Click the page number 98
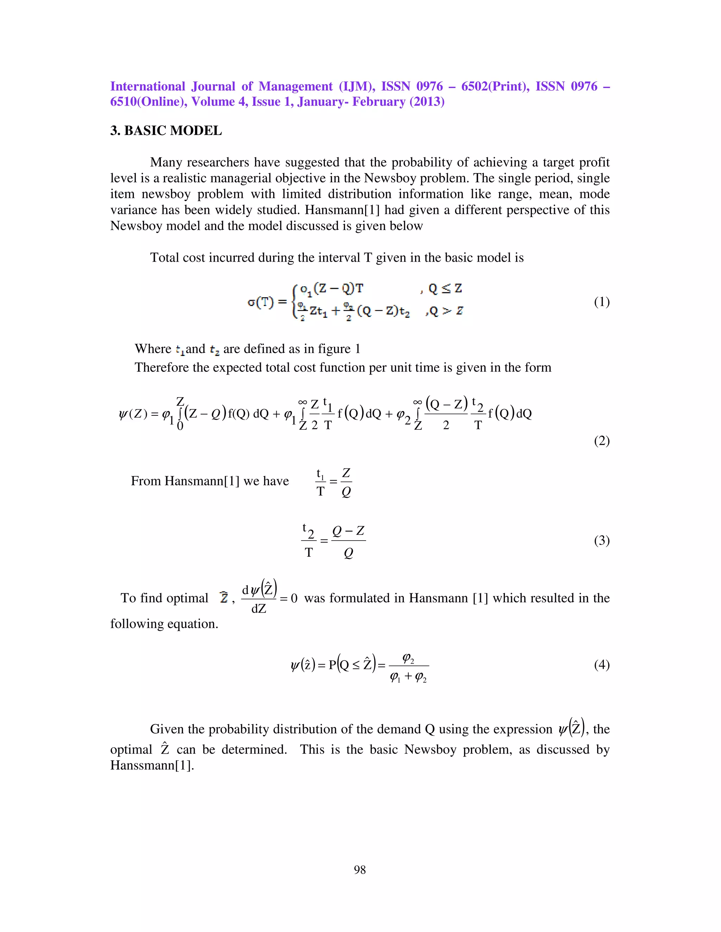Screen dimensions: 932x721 point(360,870)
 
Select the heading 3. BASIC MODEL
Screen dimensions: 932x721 point(166,130)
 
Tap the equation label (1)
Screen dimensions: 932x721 point(601,302)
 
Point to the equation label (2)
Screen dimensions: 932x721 point(601,441)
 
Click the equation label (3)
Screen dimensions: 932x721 point(601,541)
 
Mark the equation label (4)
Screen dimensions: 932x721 point(601,664)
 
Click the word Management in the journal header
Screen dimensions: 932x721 point(296,87)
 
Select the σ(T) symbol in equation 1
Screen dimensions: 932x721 point(261,302)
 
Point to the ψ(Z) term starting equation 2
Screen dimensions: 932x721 point(133,414)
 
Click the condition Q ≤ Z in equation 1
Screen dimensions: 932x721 point(445,289)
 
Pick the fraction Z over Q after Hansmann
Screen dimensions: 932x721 point(346,482)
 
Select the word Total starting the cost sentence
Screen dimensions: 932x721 point(164,258)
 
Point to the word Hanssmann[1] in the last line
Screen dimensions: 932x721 point(152,765)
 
